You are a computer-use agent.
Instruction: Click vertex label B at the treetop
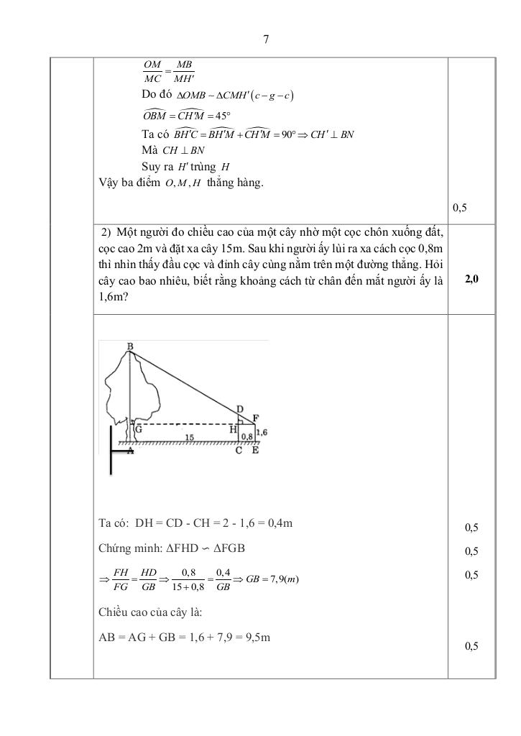(x=130, y=347)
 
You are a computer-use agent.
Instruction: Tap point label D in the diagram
(x=240, y=409)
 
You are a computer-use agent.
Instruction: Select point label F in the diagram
(x=257, y=418)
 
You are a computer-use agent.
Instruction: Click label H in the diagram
(x=233, y=428)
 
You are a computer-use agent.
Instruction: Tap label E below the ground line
(x=257, y=451)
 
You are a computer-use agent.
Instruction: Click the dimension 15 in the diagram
(x=189, y=436)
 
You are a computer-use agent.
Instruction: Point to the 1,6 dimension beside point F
(x=262, y=431)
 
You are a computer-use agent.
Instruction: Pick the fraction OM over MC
(x=152, y=72)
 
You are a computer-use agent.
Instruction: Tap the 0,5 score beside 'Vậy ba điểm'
(x=460, y=208)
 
